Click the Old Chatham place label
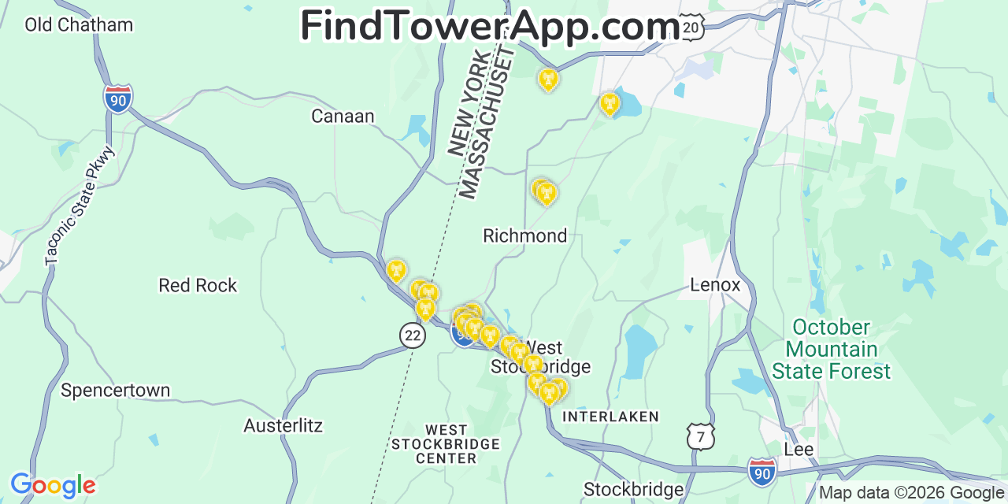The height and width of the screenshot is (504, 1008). (x=79, y=24)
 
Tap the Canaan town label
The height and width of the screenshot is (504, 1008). (x=343, y=117)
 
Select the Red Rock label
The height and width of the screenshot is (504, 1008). (x=198, y=285)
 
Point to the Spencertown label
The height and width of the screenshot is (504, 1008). (x=115, y=390)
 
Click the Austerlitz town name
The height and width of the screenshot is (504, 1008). (x=283, y=426)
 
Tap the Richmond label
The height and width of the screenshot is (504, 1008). (x=524, y=235)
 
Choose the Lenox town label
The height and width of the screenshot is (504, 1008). (x=715, y=284)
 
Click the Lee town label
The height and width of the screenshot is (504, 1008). (x=799, y=450)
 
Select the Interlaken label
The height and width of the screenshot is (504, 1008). (x=610, y=417)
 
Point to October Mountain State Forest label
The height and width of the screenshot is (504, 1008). (x=831, y=349)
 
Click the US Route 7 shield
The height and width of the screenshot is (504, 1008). (x=700, y=436)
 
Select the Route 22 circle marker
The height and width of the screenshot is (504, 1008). (x=412, y=335)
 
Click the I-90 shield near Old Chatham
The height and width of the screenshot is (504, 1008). (x=118, y=99)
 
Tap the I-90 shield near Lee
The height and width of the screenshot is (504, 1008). (x=762, y=470)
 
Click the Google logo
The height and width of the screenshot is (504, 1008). (x=52, y=485)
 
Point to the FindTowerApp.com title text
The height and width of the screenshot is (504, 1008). (x=490, y=27)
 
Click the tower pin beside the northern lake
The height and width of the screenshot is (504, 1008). (x=610, y=103)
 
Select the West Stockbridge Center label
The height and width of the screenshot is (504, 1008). (x=446, y=443)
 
